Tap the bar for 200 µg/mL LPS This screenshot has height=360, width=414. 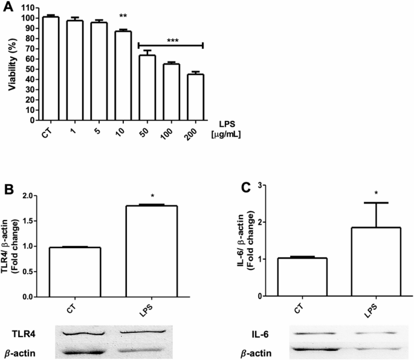(x=195, y=97)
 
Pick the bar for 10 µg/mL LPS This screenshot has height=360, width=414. (x=123, y=76)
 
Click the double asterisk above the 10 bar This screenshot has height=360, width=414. (x=123, y=25)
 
